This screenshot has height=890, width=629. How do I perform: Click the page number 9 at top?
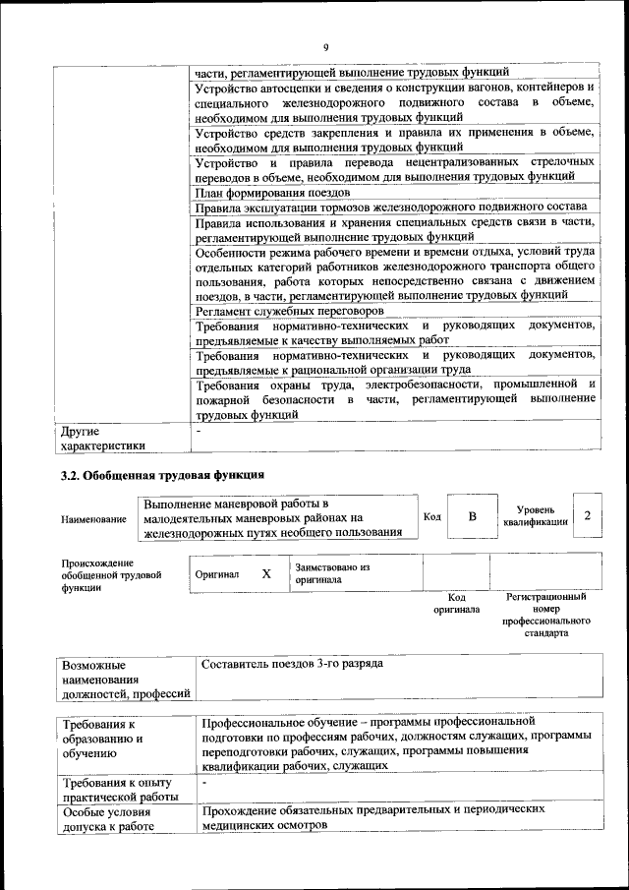tap(325, 46)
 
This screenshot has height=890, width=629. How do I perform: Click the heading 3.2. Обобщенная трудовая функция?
tap(161, 475)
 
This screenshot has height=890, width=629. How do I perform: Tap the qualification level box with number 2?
tap(587, 516)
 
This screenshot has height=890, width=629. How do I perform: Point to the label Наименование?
tap(93, 518)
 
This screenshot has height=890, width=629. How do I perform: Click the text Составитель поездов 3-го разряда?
tap(292, 664)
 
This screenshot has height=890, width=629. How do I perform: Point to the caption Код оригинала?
tap(456, 603)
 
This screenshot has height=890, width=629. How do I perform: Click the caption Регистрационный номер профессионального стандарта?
tap(545, 615)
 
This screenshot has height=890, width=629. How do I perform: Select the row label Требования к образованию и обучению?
tap(102, 739)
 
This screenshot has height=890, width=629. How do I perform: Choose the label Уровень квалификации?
tap(535, 516)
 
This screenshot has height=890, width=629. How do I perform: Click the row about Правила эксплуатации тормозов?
tap(390, 207)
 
